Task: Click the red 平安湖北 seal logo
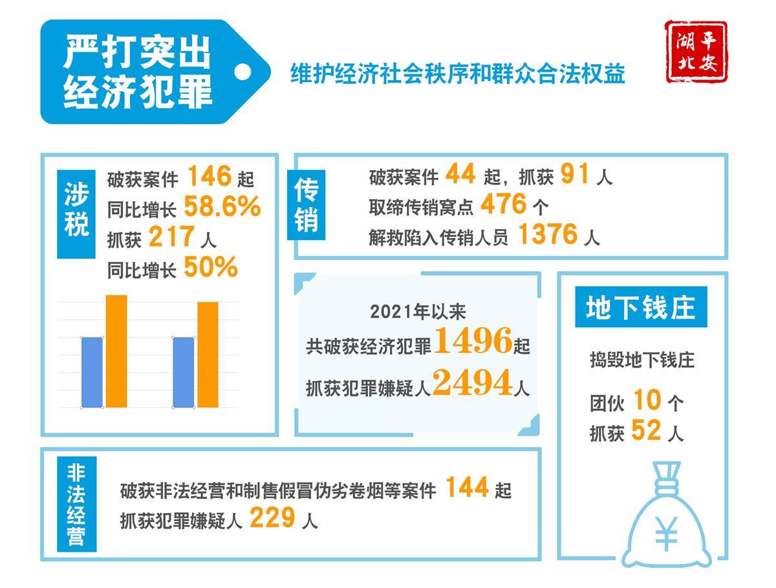(x=696, y=52)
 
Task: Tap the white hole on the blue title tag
(x=242, y=72)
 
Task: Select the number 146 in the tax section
(x=209, y=176)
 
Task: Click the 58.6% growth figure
(x=222, y=206)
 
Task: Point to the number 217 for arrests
(x=171, y=237)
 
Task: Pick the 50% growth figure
(x=211, y=267)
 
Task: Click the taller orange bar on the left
(x=116, y=351)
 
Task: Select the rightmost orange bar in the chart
(x=208, y=354)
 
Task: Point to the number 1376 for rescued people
(x=547, y=235)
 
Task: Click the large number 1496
(x=472, y=341)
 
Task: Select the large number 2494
(x=472, y=383)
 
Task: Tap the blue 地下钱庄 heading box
(x=641, y=307)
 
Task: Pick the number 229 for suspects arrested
(x=272, y=517)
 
